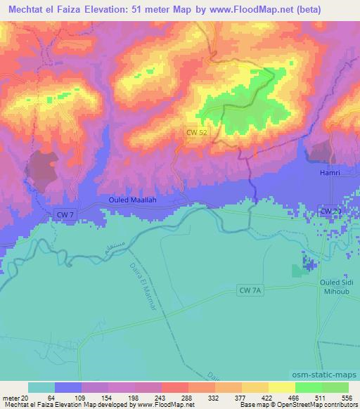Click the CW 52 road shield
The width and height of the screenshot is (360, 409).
tap(197, 131)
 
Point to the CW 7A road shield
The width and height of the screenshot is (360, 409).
tap(250, 290)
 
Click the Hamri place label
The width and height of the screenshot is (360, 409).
tap(330, 172)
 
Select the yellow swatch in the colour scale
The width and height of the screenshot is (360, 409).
tap(281, 387)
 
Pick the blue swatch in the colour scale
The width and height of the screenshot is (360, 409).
tap(68, 387)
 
